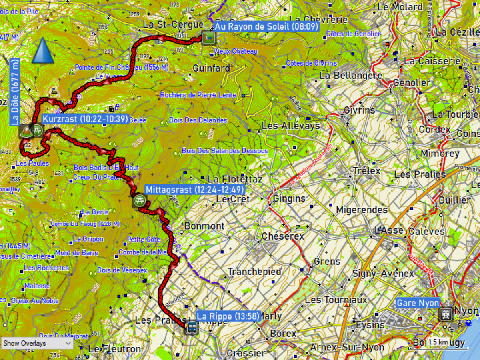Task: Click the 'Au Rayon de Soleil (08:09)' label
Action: (x=266, y=27)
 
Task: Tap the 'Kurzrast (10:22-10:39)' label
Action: (x=85, y=119)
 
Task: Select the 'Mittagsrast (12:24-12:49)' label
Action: (x=194, y=190)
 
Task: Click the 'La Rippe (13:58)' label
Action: (x=228, y=316)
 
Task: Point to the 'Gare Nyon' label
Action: (x=418, y=303)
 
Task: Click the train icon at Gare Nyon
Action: (x=445, y=314)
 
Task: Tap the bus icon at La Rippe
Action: (x=192, y=327)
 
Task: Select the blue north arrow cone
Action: (x=43, y=51)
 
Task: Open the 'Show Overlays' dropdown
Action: (x=37, y=343)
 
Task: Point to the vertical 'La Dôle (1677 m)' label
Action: (x=15, y=92)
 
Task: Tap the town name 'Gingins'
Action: (x=289, y=198)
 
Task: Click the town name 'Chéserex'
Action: (x=282, y=236)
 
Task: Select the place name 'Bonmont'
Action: (x=204, y=226)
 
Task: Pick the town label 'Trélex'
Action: (x=366, y=171)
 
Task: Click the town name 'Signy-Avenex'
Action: (x=383, y=274)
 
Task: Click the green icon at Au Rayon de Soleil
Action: (x=208, y=38)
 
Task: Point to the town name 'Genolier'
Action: (x=412, y=83)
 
